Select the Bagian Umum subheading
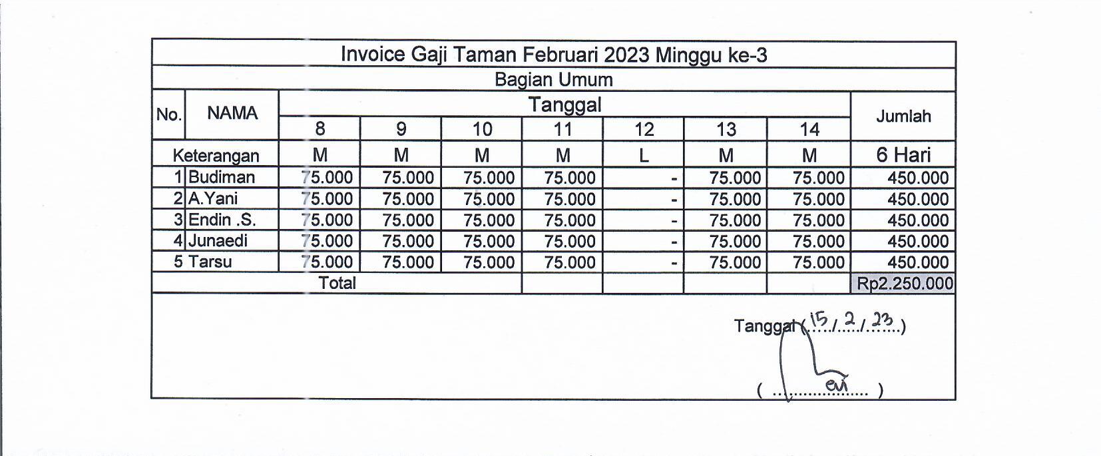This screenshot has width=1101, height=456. point(553,80)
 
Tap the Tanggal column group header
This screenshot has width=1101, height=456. point(564,105)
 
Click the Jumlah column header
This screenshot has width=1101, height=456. point(903,116)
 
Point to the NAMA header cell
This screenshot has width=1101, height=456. point(232,113)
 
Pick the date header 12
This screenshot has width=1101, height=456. point(644,129)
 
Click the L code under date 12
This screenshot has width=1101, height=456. point(643,156)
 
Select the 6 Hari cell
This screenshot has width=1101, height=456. point(903,155)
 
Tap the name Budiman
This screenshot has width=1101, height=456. point(222,177)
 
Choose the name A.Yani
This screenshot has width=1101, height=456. point(213,198)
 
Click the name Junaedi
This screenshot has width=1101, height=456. point(218,240)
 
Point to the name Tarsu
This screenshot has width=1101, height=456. point(210,262)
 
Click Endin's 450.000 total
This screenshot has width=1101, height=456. point(917,220)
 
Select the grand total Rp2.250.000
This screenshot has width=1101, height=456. point(904,284)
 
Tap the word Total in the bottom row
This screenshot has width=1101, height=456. point(337,283)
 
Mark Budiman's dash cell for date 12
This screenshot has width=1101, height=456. point(674,178)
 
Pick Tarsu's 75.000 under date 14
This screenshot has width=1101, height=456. point(818,262)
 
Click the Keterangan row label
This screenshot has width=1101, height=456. point(216,156)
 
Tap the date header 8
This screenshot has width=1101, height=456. point(320,129)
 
